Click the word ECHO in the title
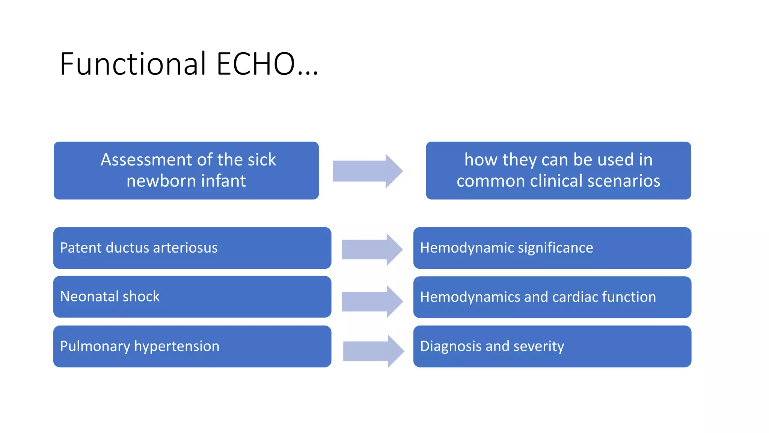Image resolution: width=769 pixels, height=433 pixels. click(x=256, y=64)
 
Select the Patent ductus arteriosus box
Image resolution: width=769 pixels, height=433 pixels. click(x=192, y=248)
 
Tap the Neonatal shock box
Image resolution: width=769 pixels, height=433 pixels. click(x=192, y=297)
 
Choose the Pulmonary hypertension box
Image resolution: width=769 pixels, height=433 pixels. click(x=192, y=346)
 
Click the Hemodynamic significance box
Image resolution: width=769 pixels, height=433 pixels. click(x=552, y=248)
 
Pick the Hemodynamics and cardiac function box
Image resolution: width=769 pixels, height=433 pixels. click(x=552, y=297)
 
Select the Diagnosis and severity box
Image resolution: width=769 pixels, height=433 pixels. click(x=552, y=346)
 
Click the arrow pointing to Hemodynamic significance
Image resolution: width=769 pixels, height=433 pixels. click(x=372, y=250)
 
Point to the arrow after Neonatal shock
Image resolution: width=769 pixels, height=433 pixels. click(x=372, y=301)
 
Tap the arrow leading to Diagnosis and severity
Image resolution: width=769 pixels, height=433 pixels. click(x=373, y=351)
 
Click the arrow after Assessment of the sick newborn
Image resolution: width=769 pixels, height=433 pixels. click(x=367, y=171)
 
